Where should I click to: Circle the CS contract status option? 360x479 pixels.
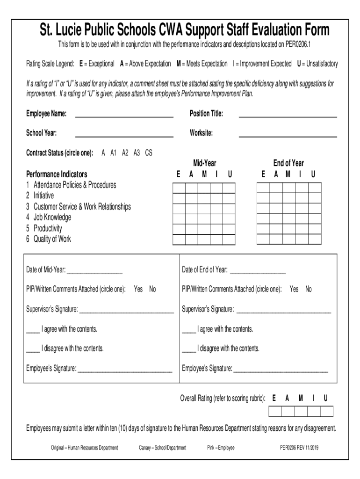[x=148, y=153]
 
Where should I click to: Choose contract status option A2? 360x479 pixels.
[x=125, y=153]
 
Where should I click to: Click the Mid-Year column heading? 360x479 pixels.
[x=204, y=163]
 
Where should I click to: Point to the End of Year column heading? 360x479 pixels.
[x=288, y=163]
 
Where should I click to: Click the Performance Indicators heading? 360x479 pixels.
[x=57, y=174]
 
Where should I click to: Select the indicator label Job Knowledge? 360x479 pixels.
[x=52, y=218]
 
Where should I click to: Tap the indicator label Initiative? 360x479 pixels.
[x=43, y=196]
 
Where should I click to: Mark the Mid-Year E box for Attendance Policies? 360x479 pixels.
[x=179, y=188]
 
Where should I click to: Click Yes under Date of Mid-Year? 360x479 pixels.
[x=138, y=290]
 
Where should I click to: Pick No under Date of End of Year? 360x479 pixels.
[x=308, y=290]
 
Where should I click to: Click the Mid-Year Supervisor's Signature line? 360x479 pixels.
[x=126, y=310]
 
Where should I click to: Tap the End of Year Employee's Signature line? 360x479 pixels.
[x=281, y=369]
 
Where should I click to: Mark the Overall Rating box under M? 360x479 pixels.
[x=301, y=411]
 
